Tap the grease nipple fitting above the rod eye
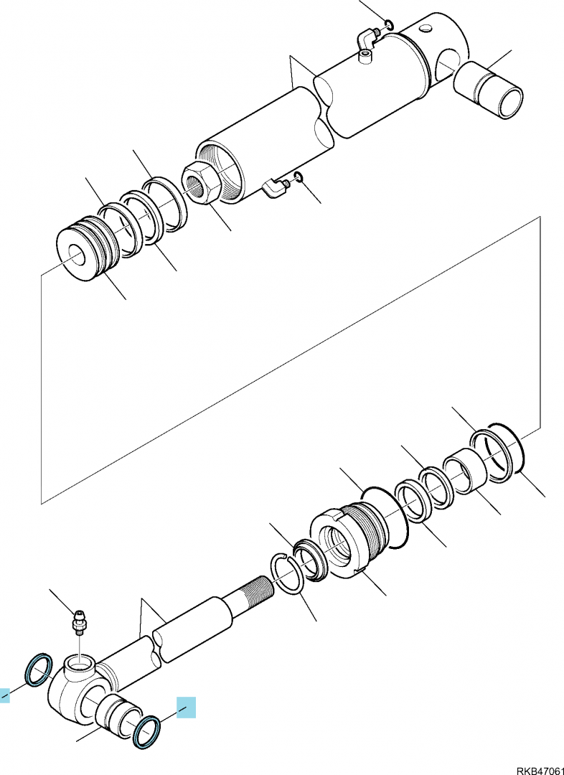pos(79,621)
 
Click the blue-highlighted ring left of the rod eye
pos(39,670)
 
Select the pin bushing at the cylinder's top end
pos(489,90)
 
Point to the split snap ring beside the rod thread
pos(287,573)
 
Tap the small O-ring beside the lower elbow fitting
pos(298,177)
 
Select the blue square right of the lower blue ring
pos(186,708)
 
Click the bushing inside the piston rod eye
pos(116,713)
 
